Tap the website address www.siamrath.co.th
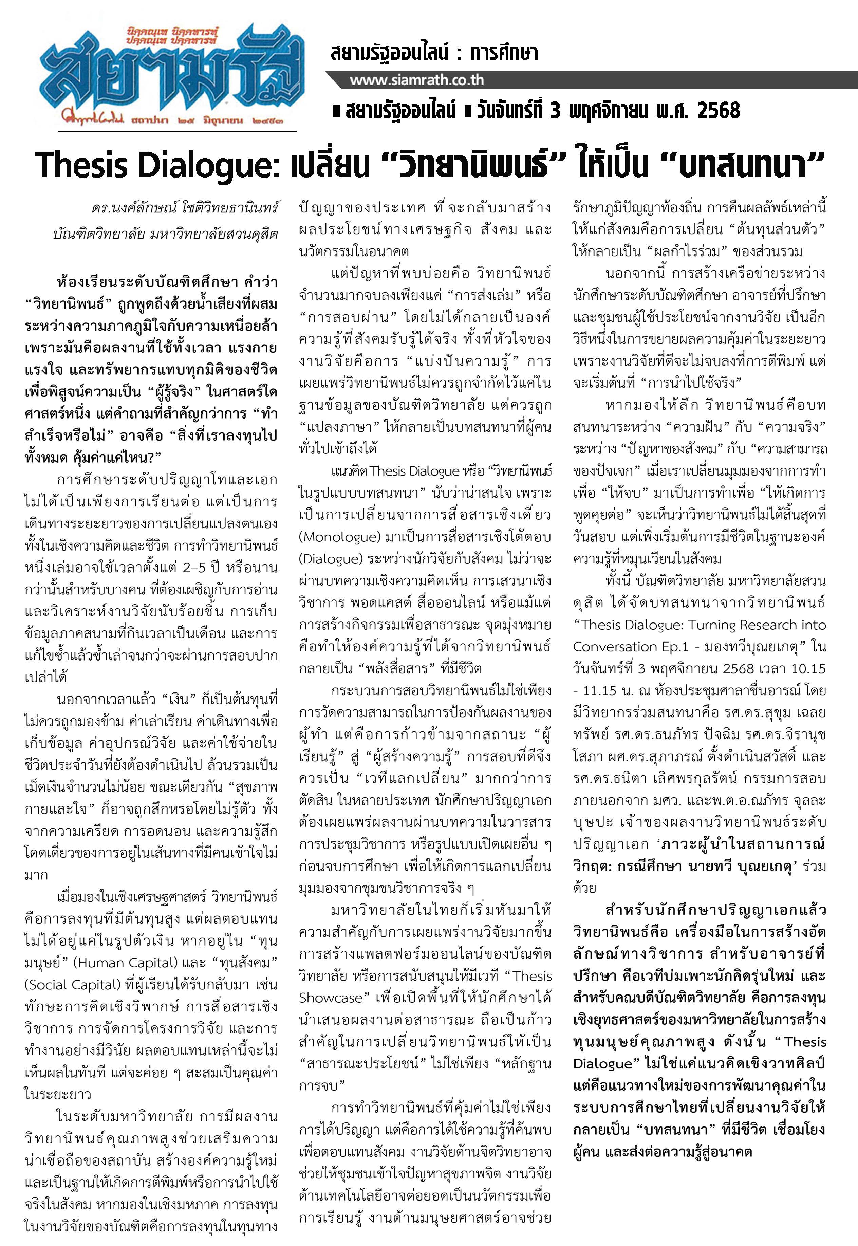click(x=417, y=81)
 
